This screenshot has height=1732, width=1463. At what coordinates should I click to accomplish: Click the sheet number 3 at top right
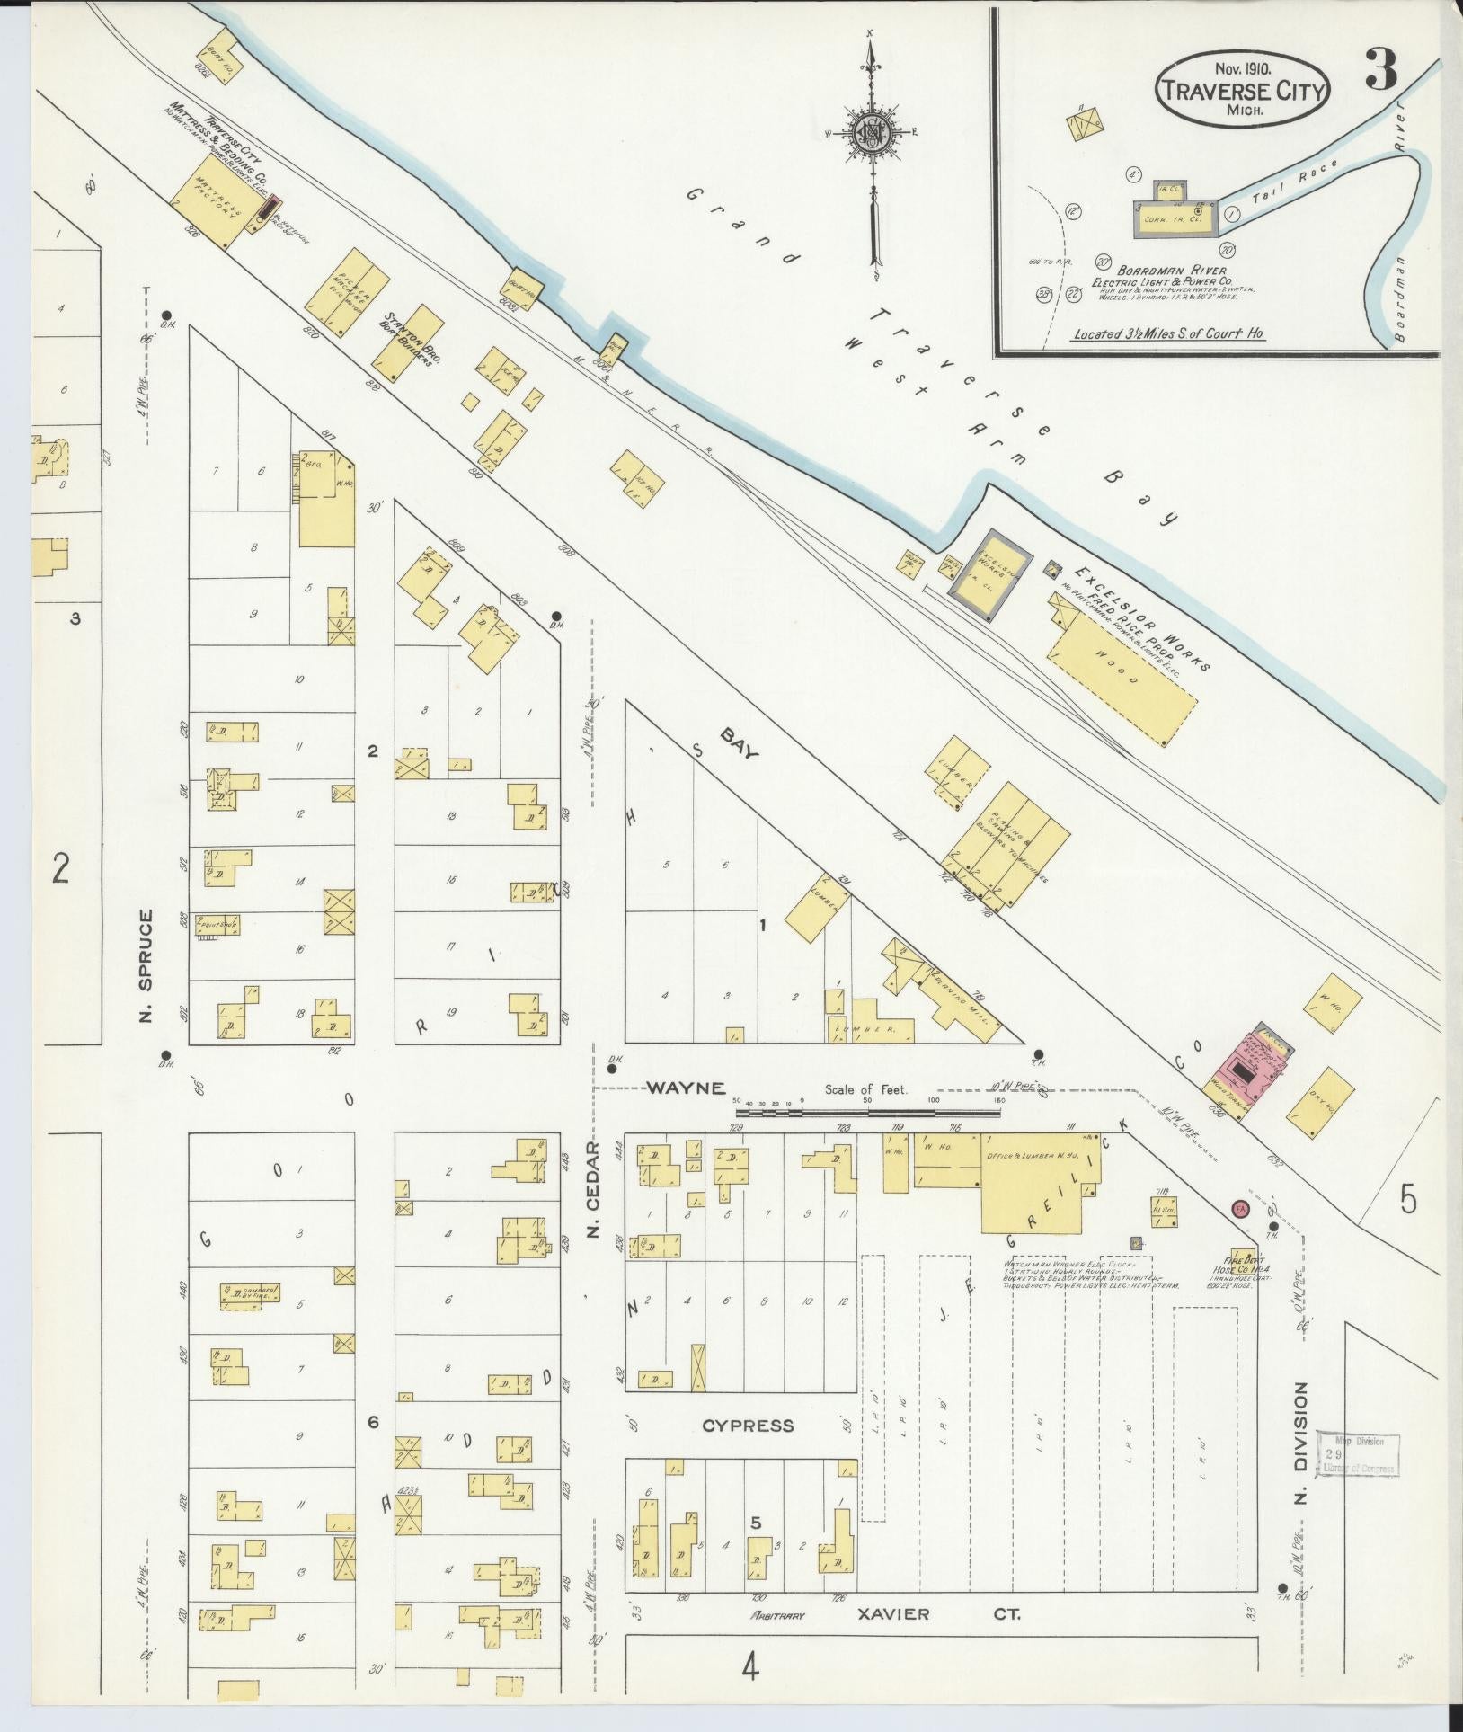[1382, 68]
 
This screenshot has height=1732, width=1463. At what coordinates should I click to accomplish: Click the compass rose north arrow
[870, 135]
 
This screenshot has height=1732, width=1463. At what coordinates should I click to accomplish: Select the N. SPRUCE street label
[146, 966]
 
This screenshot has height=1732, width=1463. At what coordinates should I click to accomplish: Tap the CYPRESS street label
[747, 1425]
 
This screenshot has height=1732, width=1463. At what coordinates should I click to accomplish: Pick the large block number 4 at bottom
[749, 1669]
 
